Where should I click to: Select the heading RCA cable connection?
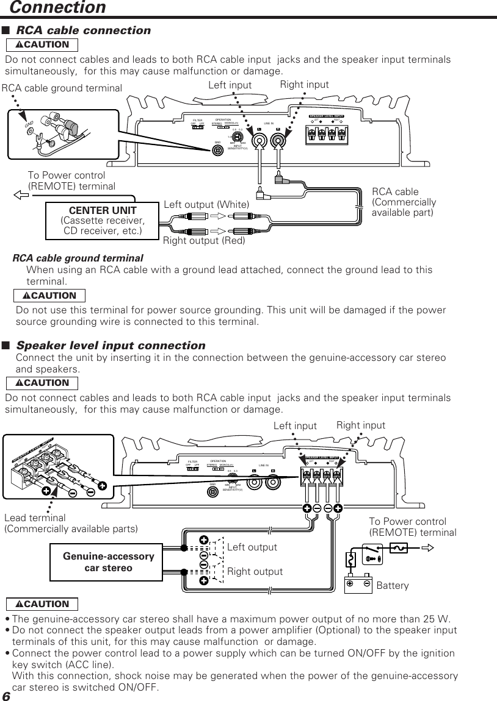pos(83,30)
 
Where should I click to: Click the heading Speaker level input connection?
pos(111,346)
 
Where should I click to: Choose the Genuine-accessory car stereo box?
pos(108,562)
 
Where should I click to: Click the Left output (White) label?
pos(207,203)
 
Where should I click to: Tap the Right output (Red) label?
pos(204,241)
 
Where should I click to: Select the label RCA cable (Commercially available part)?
pos(404,202)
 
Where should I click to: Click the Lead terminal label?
pos(35,518)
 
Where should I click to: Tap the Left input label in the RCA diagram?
pos(230,85)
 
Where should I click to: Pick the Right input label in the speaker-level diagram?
pos(360,425)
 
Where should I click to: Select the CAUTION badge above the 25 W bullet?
pos(42,604)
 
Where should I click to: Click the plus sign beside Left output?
pos(203,540)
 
